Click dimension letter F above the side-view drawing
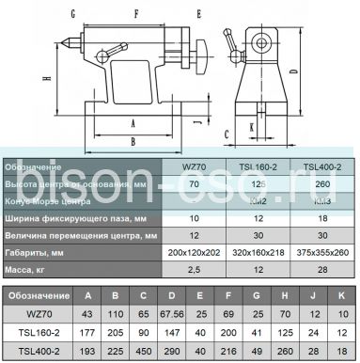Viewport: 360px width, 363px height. click(136, 15)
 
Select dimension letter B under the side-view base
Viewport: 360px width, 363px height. click(133, 141)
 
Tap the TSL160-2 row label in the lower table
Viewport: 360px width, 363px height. click(34, 332)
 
